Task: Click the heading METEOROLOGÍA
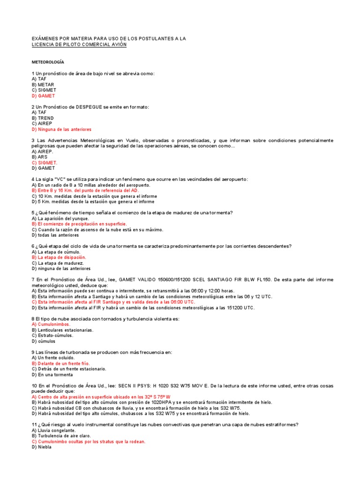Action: point(48,62)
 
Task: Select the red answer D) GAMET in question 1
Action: point(43,96)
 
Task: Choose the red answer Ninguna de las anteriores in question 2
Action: point(61,129)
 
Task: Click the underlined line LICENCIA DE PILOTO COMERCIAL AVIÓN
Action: point(79,45)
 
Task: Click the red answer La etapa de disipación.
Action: point(59,257)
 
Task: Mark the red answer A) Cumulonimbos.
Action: point(51,324)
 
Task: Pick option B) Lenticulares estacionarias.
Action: point(63,330)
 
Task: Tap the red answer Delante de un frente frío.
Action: point(60,363)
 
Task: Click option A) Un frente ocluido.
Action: point(53,358)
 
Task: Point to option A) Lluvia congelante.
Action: point(53,430)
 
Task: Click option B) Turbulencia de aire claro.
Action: point(61,435)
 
